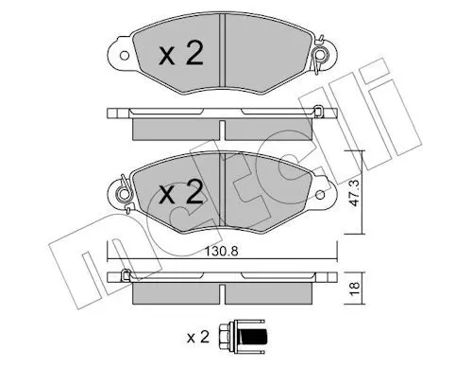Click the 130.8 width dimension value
221,252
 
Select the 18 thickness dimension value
355,288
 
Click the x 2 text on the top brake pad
181,53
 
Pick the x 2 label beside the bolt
198,337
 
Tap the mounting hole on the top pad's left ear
125,56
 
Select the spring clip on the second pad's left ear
125,194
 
